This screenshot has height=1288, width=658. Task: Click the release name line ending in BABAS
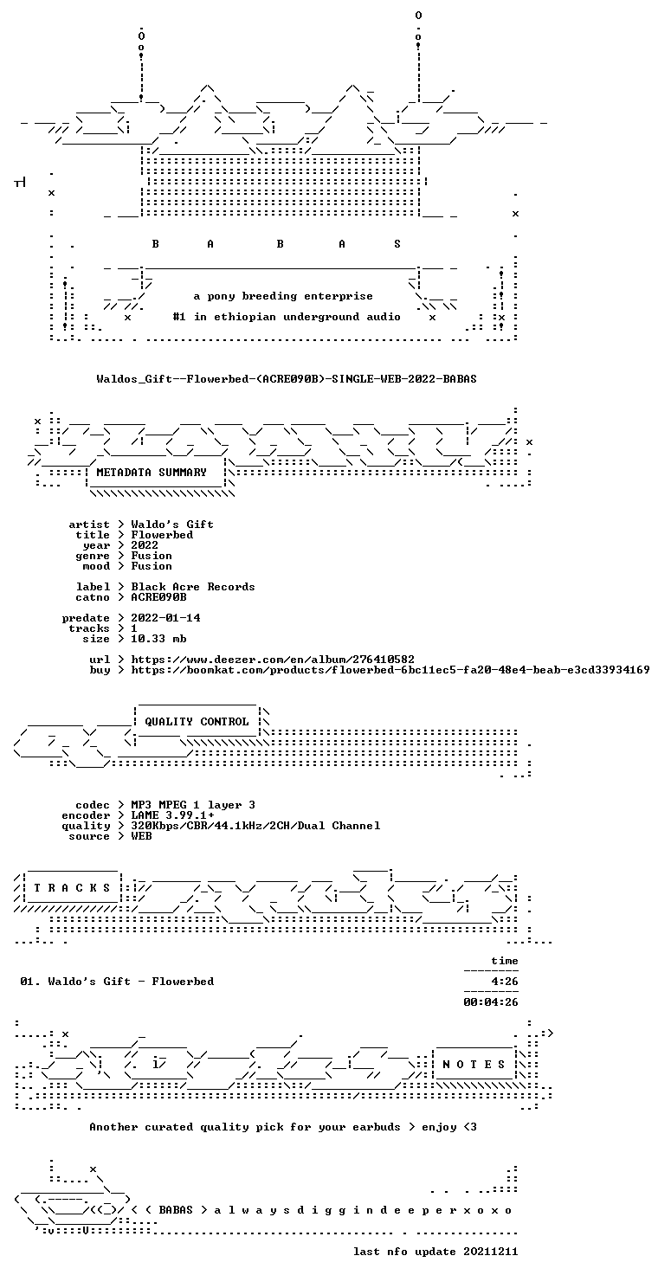click(x=287, y=379)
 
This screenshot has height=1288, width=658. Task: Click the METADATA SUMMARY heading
click(x=152, y=473)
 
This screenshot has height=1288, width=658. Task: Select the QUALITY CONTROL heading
click(x=197, y=722)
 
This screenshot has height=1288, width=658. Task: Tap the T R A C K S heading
click(x=72, y=888)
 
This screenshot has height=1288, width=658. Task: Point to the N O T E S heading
click(x=474, y=1065)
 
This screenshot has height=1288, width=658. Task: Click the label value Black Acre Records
click(x=193, y=587)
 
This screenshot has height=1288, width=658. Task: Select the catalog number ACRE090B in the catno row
click(x=158, y=597)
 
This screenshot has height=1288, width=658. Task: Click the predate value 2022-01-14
click(x=165, y=617)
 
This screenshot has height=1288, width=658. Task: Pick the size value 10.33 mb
click(x=158, y=638)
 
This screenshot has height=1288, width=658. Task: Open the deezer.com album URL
click(x=273, y=659)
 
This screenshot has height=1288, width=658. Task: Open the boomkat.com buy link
click(x=390, y=669)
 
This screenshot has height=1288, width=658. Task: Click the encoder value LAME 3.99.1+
click(x=172, y=815)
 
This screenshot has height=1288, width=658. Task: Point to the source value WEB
click(x=141, y=836)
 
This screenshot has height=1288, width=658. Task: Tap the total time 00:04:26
click(x=491, y=1001)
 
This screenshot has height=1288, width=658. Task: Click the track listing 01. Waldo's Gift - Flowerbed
click(x=117, y=981)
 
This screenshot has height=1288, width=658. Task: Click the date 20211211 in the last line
click(x=491, y=1251)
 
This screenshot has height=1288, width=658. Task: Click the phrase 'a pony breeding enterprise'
click(x=283, y=296)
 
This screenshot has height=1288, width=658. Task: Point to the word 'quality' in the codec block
click(x=86, y=826)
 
